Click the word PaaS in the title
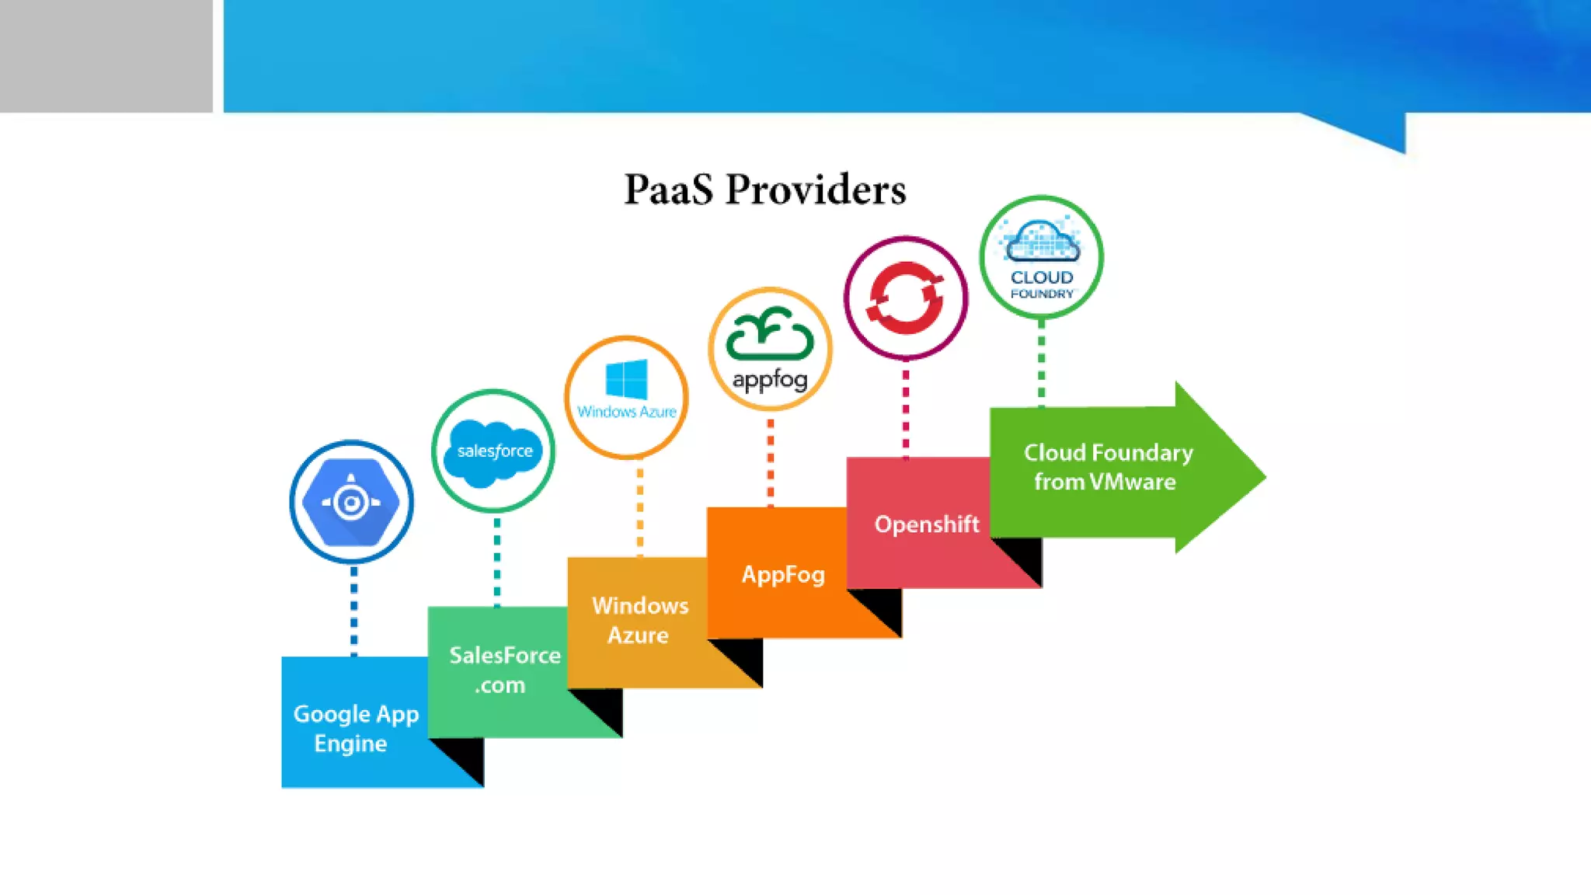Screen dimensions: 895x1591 (668, 190)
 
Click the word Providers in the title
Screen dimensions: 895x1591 (816, 190)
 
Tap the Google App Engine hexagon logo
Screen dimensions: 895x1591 (351, 502)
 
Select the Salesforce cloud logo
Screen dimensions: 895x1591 (493, 452)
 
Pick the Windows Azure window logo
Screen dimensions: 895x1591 (626, 379)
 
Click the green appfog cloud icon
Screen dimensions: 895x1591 (769, 334)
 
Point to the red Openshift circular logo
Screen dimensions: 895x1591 (906, 298)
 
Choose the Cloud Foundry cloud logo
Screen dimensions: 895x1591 (1041, 242)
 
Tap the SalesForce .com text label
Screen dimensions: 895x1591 (503, 670)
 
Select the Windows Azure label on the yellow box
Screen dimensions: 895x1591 (639, 620)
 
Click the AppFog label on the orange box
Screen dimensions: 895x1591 (782, 575)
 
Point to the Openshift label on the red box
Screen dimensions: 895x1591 (926, 524)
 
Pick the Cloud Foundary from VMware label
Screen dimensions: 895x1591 (1107, 467)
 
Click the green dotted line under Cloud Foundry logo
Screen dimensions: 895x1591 (1042, 362)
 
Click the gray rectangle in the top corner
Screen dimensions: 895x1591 (106, 56)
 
